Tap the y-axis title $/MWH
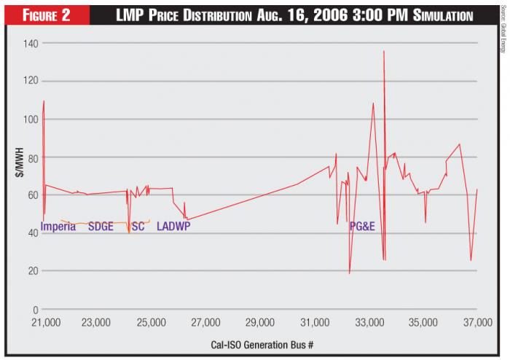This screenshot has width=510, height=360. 20,163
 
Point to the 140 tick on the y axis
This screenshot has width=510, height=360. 30,44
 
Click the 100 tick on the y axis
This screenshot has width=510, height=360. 30,120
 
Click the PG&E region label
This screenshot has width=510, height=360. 361,227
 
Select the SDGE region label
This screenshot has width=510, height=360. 101,227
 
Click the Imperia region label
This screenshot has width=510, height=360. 58,227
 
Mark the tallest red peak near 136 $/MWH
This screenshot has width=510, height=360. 383,52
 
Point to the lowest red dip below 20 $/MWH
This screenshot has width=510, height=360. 350,273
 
